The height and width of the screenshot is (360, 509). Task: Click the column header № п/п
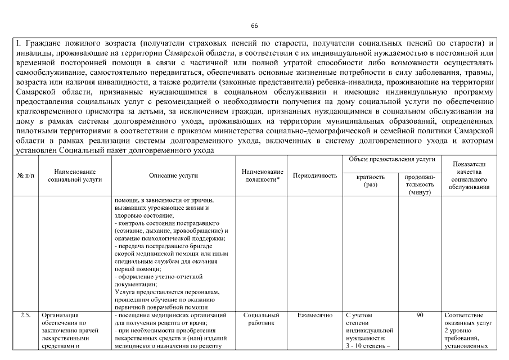(x=25, y=175)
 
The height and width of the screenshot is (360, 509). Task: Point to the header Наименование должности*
(x=262, y=175)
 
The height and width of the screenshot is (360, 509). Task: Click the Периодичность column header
(x=315, y=175)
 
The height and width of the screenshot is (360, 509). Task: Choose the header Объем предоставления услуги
(x=391, y=160)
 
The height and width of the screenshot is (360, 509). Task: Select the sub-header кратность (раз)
(x=371, y=180)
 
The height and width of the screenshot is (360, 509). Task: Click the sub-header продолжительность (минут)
(x=420, y=184)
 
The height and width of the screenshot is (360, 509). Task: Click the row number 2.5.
(x=25, y=316)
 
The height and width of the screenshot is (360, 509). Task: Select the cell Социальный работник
(x=262, y=319)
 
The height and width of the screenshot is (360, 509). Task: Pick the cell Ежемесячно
(x=315, y=316)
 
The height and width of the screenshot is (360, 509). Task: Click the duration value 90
(x=420, y=316)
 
